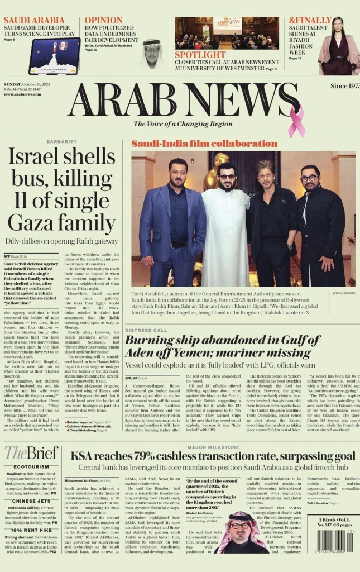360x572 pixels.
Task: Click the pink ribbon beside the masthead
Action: (x=296, y=119)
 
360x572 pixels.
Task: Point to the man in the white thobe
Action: (x=225, y=223)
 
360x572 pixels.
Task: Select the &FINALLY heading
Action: (x=310, y=21)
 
